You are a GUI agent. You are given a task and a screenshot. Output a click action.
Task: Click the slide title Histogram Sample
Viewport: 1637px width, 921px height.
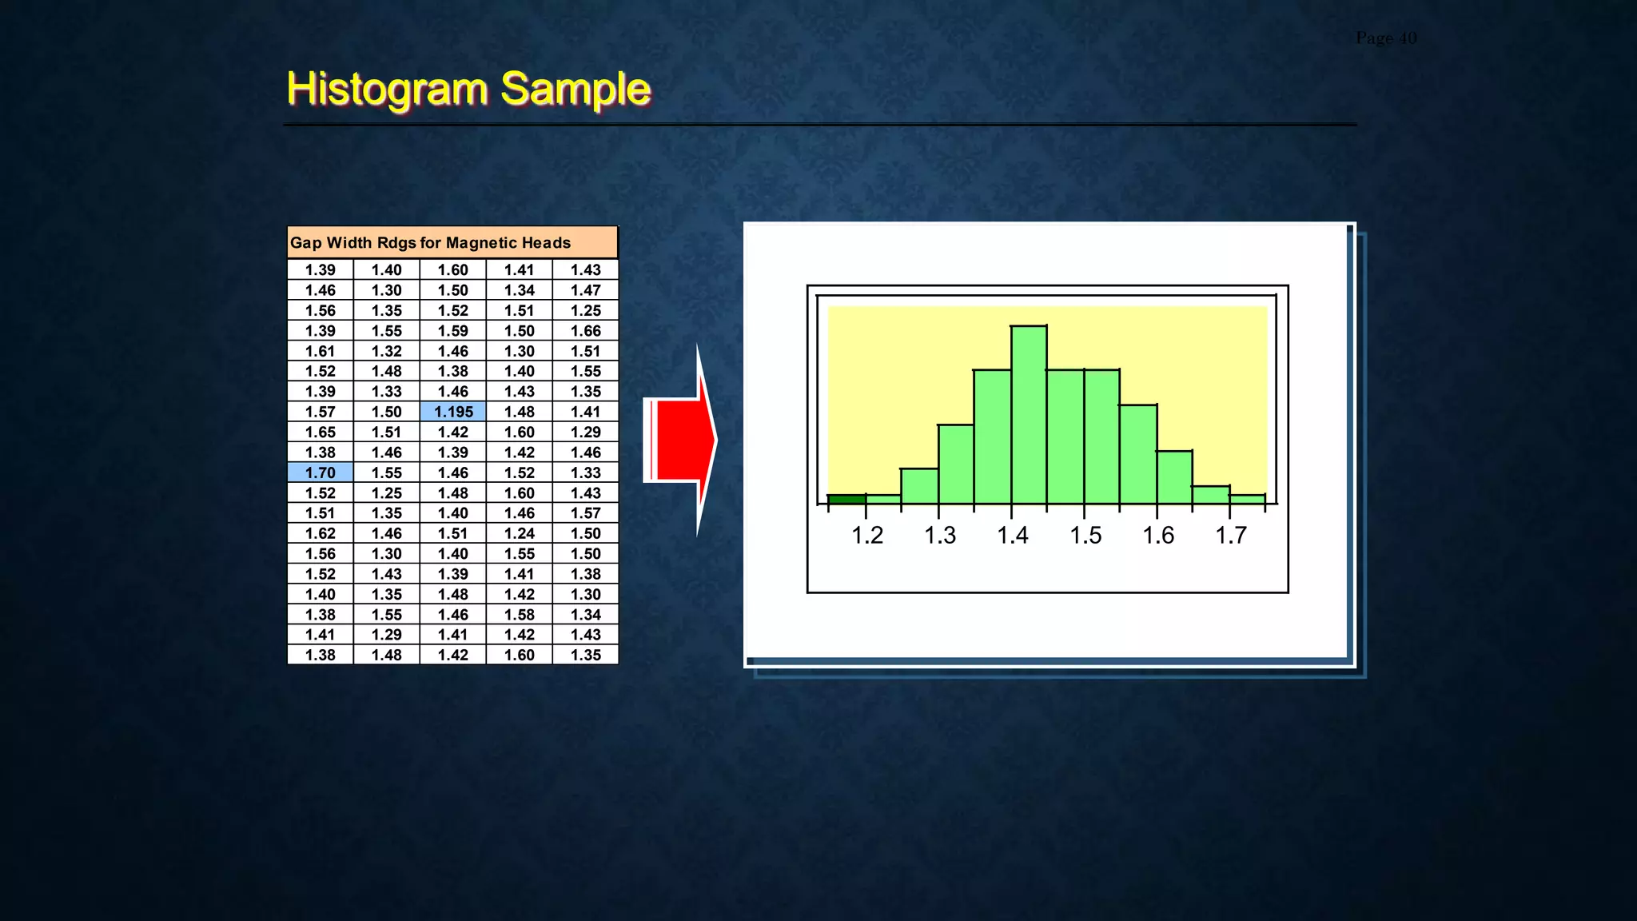pyautogui.click(x=468, y=89)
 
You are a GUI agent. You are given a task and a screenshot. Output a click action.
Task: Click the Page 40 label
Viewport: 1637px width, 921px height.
pyautogui.click(x=1386, y=38)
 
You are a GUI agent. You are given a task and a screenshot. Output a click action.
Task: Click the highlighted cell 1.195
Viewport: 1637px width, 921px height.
pyautogui.click(x=453, y=412)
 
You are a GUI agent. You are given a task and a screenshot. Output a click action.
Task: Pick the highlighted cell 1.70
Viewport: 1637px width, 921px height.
pyautogui.click(x=320, y=472)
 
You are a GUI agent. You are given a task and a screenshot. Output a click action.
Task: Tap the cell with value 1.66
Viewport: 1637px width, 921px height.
pyautogui.click(x=585, y=331)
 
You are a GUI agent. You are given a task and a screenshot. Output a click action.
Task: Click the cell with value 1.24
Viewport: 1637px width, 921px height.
pyautogui.click(x=519, y=533)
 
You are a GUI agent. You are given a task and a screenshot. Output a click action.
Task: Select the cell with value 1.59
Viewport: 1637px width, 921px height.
pyautogui.click(x=452, y=331)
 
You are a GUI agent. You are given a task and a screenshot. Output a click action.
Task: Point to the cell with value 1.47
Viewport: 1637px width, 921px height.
pyautogui.click(x=585, y=290)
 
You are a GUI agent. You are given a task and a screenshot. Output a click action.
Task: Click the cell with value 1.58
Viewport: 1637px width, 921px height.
pyautogui.click(x=519, y=615)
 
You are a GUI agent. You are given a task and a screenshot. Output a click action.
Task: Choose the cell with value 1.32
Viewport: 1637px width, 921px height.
pyautogui.click(x=386, y=351)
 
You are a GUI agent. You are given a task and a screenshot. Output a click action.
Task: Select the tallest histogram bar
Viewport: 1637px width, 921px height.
pyautogui.click(x=1029, y=416)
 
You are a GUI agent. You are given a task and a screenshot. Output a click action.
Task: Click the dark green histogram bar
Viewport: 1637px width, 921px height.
pyautogui.click(x=846, y=500)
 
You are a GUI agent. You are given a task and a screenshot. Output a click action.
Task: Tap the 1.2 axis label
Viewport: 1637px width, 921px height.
pyautogui.click(x=867, y=535)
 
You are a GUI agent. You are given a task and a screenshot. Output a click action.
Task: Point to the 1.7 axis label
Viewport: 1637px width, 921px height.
pyautogui.click(x=1231, y=535)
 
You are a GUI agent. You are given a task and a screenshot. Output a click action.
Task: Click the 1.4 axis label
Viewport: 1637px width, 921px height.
pyautogui.click(x=1013, y=535)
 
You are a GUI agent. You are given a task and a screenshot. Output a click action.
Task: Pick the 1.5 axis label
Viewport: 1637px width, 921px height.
pyautogui.click(x=1085, y=535)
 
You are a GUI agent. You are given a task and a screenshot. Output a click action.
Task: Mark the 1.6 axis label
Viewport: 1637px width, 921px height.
pyautogui.click(x=1158, y=535)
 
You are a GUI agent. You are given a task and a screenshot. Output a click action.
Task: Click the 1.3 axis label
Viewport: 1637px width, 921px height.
pyautogui.click(x=940, y=535)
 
